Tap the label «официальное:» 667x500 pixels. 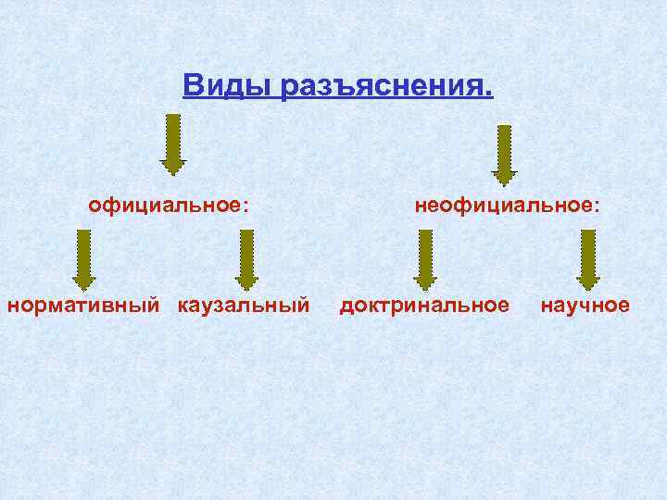(x=169, y=204)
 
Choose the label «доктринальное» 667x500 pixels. (x=424, y=305)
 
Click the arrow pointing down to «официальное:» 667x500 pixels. (x=173, y=144)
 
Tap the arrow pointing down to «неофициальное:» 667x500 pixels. (x=504, y=154)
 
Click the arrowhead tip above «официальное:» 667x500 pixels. (x=173, y=173)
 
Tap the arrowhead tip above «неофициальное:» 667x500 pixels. (x=504, y=184)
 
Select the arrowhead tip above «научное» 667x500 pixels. (x=587, y=288)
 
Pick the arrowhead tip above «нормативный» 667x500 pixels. (x=82, y=288)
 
